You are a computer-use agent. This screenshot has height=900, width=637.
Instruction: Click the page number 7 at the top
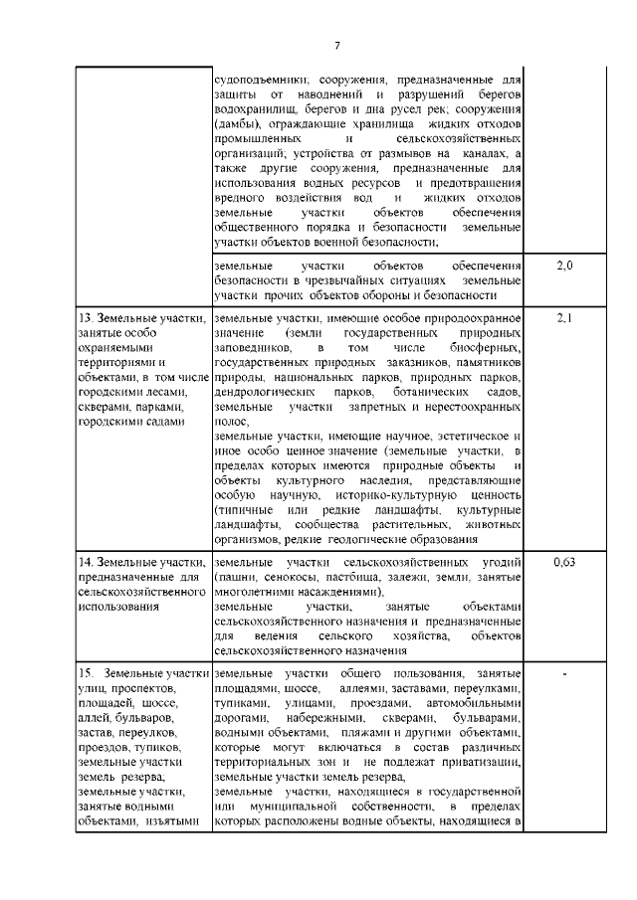point(336,46)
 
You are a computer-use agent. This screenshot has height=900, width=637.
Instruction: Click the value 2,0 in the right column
point(562,268)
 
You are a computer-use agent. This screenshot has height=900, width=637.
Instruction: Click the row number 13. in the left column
point(87,318)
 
